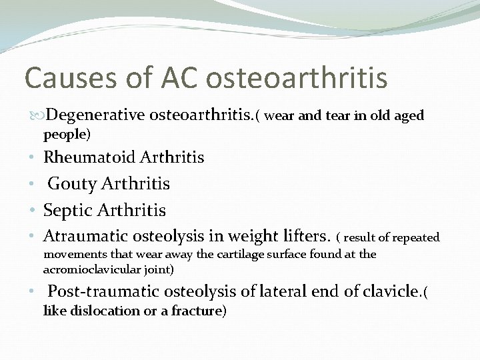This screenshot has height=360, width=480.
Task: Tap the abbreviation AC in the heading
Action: (179, 78)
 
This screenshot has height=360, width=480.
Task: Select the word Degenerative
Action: (96, 115)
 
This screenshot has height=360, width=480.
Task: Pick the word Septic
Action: (68, 210)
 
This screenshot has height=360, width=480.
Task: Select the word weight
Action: (252, 236)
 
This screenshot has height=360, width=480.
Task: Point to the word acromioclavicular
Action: (93, 269)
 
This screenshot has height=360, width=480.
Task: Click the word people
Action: (65, 135)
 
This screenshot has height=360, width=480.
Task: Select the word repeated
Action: (416, 237)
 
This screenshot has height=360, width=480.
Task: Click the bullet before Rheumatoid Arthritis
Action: (32, 158)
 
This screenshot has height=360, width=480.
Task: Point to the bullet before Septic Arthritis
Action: (32, 211)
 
